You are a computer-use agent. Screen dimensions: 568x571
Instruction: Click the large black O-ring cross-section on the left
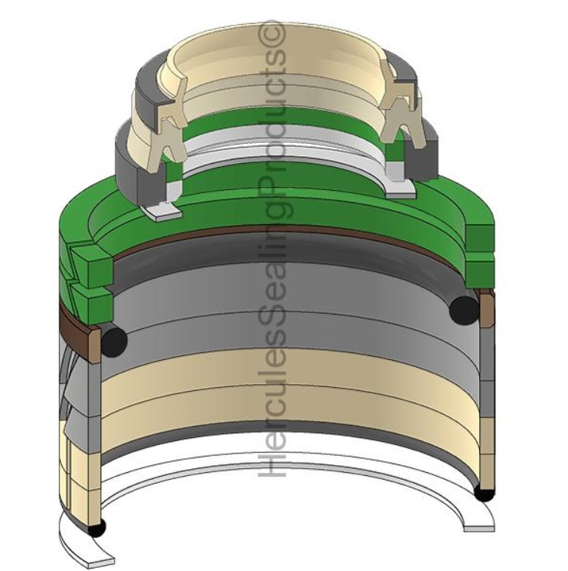(x=114, y=342)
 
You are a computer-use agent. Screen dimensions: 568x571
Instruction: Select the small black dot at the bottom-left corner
(x=97, y=527)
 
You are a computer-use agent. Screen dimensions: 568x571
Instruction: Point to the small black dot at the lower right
(x=485, y=495)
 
